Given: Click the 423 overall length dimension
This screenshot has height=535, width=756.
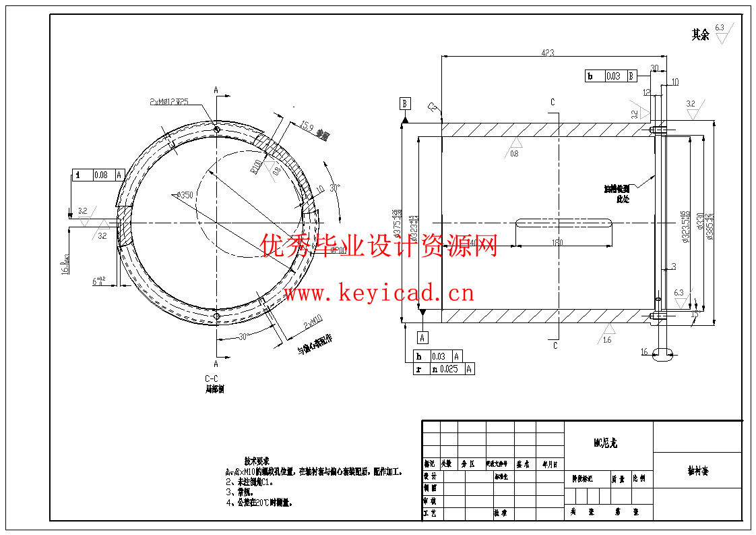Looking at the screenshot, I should click(x=546, y=53).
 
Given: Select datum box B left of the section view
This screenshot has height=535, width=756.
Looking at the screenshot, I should click(x=405, y=103).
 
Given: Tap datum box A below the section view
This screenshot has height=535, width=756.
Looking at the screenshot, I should click(x=422, y=337).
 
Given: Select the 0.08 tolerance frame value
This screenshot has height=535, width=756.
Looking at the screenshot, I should click(x=101, y=175).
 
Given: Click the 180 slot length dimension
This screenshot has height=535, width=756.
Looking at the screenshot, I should click(x=557, y=243).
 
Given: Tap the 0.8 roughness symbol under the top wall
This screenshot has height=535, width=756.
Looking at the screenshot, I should click(x=515, y=145).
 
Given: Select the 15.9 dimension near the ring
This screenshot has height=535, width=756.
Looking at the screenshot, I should click(x=307, y=125).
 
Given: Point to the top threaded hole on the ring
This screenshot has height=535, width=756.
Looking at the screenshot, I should click(x=216, y=129).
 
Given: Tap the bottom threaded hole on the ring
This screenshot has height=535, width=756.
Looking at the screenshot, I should click(x=216, y=316).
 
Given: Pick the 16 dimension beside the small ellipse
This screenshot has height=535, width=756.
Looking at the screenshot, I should click(x=644, y=352).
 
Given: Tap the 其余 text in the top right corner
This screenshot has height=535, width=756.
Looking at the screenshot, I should click(x=700, y=34).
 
